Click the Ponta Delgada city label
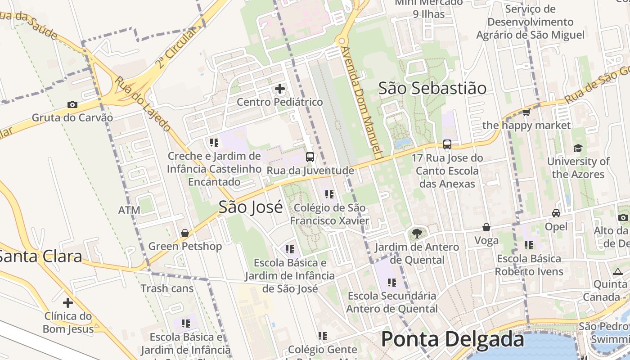[452, 340]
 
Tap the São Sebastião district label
[432, 88]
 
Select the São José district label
[251, 207]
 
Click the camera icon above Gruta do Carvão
[72, 105]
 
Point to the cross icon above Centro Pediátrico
[279, 89]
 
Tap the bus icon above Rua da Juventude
[310, 157]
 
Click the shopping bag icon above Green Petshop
[185, 233]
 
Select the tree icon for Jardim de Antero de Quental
[417, 233]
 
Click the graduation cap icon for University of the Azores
[578, 148]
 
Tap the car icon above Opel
[556, 213]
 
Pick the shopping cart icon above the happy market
[526, 112]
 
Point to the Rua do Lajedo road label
[142, 104]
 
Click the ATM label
[129, 210]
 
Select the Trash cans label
[167, 288]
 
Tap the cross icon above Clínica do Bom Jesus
[68, 303]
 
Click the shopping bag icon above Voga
[486, 227]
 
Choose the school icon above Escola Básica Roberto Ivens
[529, 245]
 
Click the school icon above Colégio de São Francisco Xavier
[329, 194]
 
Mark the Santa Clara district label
[40, 256]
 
